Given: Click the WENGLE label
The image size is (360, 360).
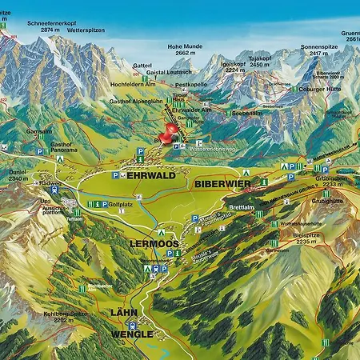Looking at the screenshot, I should tap(133, 334).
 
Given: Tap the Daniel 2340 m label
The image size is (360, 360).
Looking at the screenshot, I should tap(18, 175).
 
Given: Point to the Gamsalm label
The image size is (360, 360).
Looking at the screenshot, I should tap(38, 130).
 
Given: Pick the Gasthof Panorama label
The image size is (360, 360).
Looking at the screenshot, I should tap(64, 149).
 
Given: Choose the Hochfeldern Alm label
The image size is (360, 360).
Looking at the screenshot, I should tap(133, 83).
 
